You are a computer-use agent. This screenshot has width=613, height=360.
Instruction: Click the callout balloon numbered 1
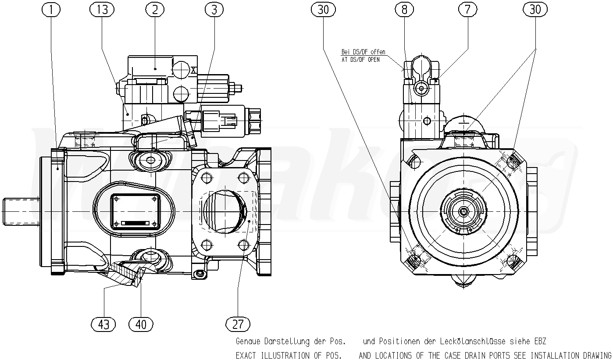coord(51,10)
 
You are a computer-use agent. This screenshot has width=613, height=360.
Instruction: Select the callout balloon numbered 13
coord(102,10)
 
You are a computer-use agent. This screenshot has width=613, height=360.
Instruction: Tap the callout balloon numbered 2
coord(155,10)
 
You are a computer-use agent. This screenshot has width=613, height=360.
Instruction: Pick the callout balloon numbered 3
coord(214,10)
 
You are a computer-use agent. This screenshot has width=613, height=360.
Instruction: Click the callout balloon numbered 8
coord(404,10)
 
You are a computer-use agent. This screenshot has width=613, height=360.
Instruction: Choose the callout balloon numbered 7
coord(468,10)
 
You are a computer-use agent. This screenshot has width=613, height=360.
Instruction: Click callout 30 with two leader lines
coord(535,10)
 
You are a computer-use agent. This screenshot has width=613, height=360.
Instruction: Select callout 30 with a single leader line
coord(323,10)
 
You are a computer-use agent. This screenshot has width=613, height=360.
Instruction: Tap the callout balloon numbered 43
coord(103,324)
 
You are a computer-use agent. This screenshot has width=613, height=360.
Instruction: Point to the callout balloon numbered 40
coord(141,324)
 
